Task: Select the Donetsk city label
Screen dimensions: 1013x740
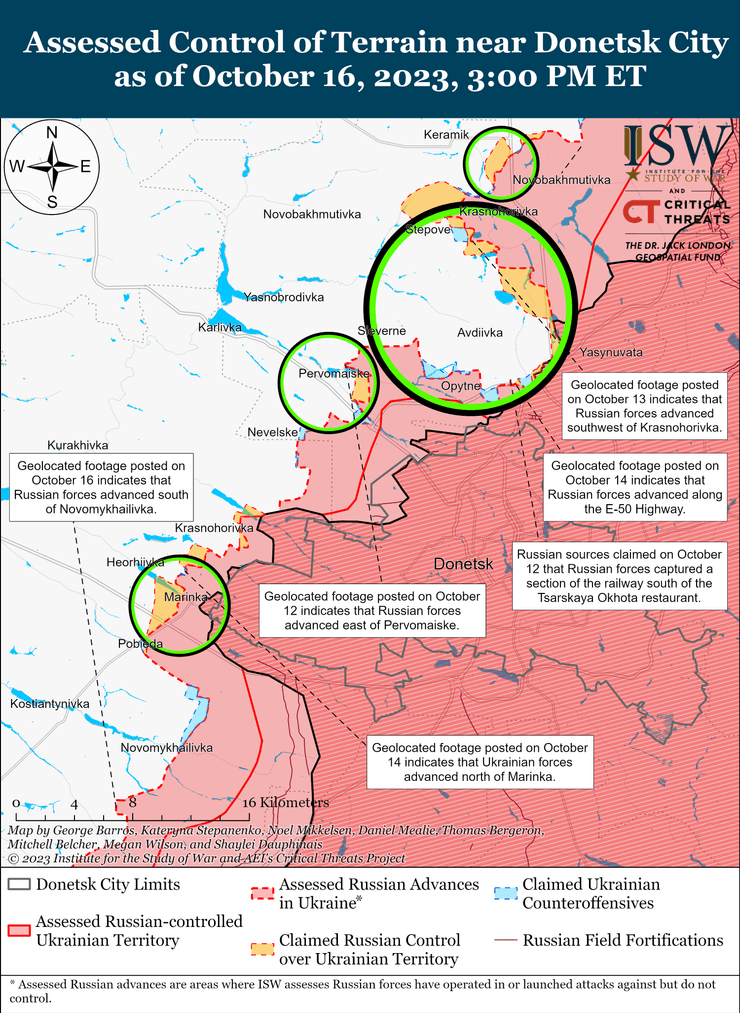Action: [x=464, y=565]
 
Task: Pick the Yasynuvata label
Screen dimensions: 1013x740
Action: [x=611, y=352]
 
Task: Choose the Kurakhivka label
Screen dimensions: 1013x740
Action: [x=77, y=445]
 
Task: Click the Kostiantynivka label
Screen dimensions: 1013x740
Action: [x=50, y=705]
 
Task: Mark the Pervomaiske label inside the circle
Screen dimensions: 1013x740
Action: [x=334, y=373]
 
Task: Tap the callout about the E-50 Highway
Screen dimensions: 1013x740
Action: [x=635, y=487]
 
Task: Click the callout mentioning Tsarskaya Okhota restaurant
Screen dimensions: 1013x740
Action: [x=618, y=576]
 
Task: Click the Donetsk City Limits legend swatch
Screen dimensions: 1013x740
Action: [x=19, y=885]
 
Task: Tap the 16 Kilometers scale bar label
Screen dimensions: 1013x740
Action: [x=285, y=803]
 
